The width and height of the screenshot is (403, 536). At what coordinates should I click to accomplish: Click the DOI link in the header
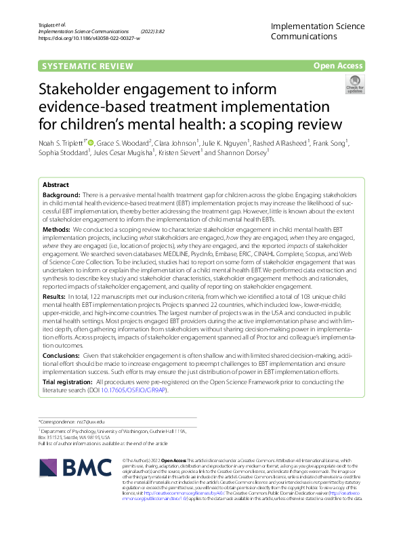91,38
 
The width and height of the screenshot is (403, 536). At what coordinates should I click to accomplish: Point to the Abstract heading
56,184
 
